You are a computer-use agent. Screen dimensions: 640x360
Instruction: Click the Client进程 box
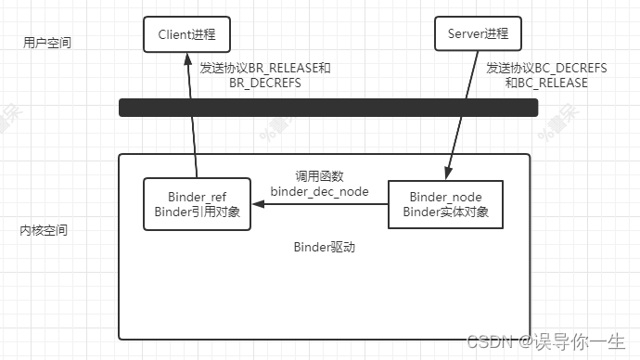point(187,34)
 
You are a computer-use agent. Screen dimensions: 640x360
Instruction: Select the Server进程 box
point(478,33)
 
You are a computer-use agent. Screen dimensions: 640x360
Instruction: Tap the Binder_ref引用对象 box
point(198,204)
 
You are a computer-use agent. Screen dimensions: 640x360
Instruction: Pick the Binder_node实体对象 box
point(445,204)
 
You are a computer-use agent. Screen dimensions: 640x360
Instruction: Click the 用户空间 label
point(47,43)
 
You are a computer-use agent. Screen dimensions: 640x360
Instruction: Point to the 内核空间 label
point(44,230)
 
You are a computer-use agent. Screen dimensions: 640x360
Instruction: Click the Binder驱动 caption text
point(325,247)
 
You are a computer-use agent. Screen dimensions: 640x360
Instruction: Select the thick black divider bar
point(328,108)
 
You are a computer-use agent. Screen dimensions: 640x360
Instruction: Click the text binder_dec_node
point(320,191)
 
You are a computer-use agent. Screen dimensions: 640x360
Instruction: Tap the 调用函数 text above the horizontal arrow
point(320,176)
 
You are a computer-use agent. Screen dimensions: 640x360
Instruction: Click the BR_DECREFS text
point(265,83)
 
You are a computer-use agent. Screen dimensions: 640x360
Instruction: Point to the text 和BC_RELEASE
point(546,83)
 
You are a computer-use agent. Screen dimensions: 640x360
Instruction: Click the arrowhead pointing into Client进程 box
point(187,58)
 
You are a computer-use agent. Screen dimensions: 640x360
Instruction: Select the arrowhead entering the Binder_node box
point(448,174)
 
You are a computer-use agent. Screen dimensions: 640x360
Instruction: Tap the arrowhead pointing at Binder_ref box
point(259,204)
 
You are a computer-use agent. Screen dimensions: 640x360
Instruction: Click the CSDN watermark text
point(545,341)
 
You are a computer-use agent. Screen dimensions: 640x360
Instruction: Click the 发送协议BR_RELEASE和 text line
point(265,68)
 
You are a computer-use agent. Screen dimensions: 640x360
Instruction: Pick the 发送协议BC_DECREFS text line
point(546,68)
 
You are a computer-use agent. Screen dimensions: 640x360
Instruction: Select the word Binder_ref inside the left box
point(198,197)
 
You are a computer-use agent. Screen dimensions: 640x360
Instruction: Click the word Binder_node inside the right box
point(446,197)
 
